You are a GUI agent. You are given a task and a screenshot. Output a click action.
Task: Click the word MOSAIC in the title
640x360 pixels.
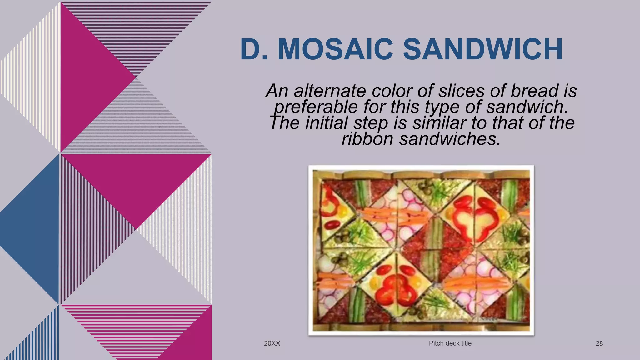click(335, 49)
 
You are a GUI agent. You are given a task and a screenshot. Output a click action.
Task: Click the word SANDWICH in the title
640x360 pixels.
click(483, 49)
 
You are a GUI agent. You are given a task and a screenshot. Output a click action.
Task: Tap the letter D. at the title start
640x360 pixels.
click(254, 49)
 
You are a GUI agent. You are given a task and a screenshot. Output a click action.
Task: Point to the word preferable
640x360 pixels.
click(316, 107)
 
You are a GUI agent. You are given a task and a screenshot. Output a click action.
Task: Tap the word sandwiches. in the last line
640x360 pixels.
click(450, 139)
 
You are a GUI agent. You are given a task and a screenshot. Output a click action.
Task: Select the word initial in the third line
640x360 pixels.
click(327, 123)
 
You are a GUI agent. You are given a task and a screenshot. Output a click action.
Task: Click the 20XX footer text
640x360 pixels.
click(272, 343)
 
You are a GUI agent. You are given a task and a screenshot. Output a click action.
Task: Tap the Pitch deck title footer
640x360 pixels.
click(450, 343)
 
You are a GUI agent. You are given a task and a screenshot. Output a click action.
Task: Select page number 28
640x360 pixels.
click(599, 344)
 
